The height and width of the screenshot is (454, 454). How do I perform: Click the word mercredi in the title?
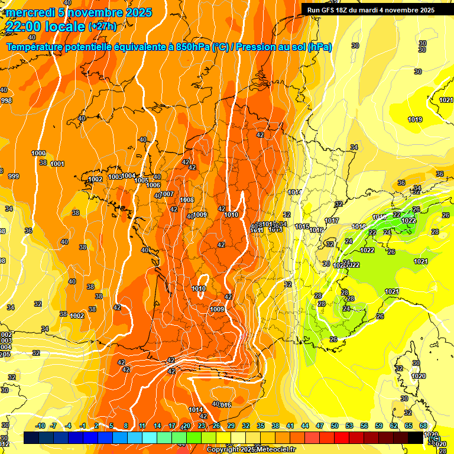click(28, 12)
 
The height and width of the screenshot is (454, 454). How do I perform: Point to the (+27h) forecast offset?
click(102, 27)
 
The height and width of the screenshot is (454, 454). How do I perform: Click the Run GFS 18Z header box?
click(371, 9)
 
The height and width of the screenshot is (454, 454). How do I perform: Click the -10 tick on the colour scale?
click(40, 426)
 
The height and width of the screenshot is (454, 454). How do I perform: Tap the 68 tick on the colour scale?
click(423, 426)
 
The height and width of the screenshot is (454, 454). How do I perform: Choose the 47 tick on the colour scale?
click(320, 426)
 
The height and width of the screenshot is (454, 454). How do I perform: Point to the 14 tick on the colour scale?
click(157, 426)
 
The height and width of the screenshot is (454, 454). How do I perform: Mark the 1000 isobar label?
click(38, 153)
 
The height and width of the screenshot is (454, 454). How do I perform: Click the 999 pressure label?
click(13, 176)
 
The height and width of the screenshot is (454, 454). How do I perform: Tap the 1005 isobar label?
click(141, 180)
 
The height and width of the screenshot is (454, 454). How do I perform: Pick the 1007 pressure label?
click(167, 194)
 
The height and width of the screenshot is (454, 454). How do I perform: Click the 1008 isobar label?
click(187, 200)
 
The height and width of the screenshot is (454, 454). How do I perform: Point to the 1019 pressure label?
click(415, 120)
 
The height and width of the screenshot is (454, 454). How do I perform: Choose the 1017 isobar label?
click(332, 221)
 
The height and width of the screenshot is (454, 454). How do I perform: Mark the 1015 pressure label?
click(302, 226)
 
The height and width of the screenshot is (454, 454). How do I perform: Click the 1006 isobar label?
click(153, 186)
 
